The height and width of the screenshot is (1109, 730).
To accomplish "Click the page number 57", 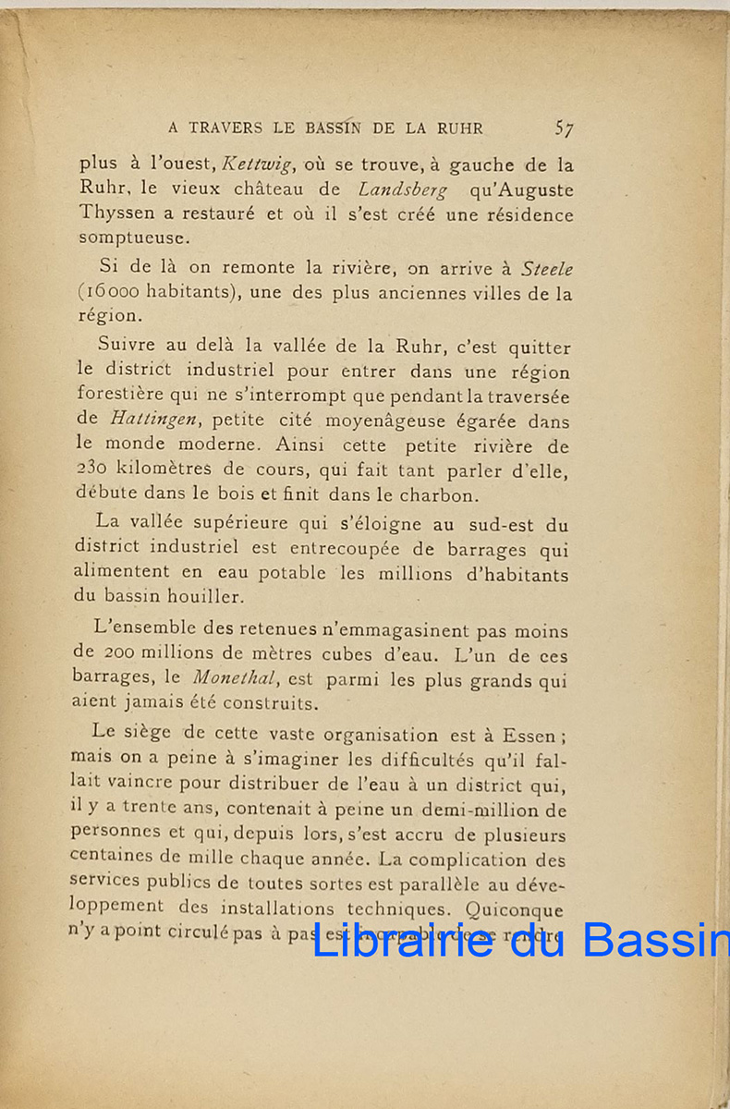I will (563, 128).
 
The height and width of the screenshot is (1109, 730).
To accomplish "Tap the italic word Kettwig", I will (255, 165).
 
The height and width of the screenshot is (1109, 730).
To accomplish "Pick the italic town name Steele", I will (547, 270).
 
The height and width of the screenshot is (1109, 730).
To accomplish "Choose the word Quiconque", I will (516, 909).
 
